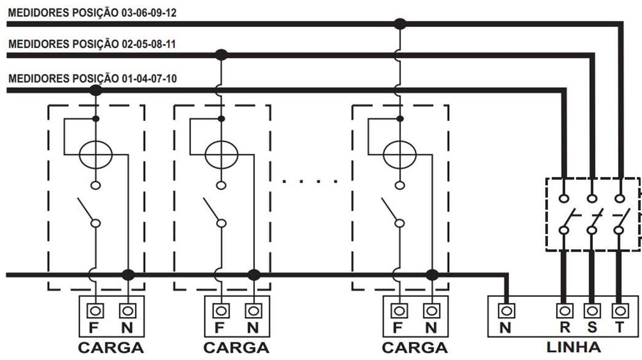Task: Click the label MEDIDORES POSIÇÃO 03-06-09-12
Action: [x=92, y=13]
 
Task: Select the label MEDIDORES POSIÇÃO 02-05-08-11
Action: [x=92, y=44]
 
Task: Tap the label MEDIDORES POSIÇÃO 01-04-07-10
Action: [x=92, y=78]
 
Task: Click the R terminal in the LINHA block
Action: [x=564, y=311]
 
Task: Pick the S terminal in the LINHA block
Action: [x=592, y=311]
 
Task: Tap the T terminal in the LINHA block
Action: [x=620, y=311]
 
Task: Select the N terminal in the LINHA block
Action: [x=506, y=311]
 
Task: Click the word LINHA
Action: [x=574, y=347]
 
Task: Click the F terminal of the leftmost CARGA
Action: [x=95, y=311]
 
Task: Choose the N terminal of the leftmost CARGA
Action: [x=128, y=311]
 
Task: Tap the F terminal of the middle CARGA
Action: [x=221, y=311]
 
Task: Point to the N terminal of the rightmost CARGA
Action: [x=431, y=311]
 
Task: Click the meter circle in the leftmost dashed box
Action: [x=95, y=155]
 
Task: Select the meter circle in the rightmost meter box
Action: [x=399, y=155]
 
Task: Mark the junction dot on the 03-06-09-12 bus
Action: [x=399, y=24]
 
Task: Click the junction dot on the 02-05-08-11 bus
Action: [x=221, y=55]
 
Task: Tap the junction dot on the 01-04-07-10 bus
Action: [x=95, y=90]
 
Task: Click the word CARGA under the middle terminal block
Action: [x=237, y=348]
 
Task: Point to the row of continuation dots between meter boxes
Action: [x=310, y=181]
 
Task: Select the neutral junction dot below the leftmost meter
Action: [x=128, y=275]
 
